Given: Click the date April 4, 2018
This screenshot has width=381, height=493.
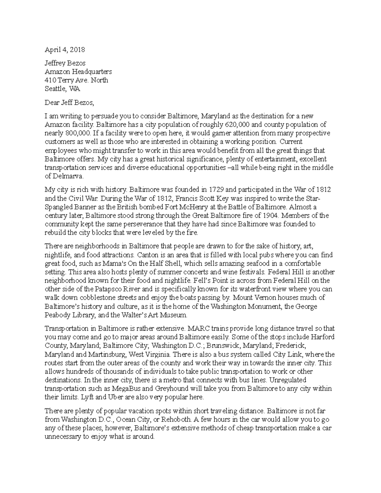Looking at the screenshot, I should (x=65, y=50).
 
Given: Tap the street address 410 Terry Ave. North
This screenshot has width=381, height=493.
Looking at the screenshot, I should (x=77, y=80).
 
